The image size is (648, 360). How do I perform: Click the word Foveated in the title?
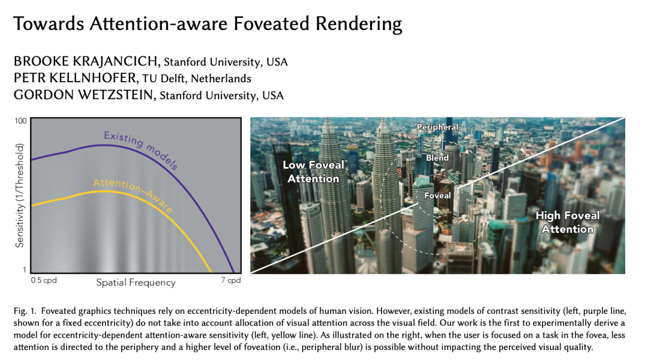(x=271, y=23)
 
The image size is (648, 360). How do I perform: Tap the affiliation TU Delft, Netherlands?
(x=196, y=79)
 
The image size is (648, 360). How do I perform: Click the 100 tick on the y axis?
(x=20, y=121)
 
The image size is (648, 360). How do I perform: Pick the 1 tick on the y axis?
(x=25, y=270)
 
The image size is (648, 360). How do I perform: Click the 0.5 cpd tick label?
(x=43, y=280)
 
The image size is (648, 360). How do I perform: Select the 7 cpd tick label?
(x=230, y=280)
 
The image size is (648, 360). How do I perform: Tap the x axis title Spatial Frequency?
(x=136, y=282)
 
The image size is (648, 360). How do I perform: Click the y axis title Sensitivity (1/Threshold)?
(x=19, y=196)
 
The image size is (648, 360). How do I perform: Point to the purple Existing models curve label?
(x=141, y=149)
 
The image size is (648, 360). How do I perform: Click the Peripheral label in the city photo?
(x=437, y=127)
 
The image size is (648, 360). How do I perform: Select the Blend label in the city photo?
(x=437, y=158)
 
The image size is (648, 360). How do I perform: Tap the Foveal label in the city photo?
(x=437, y=196)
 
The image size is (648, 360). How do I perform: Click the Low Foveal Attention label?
(x=313, y=172)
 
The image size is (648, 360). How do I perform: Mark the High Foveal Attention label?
(x=568, y=222)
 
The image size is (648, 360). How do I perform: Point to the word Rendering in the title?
(x=359, y=25)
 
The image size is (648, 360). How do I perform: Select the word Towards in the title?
(x=49, y=23)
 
